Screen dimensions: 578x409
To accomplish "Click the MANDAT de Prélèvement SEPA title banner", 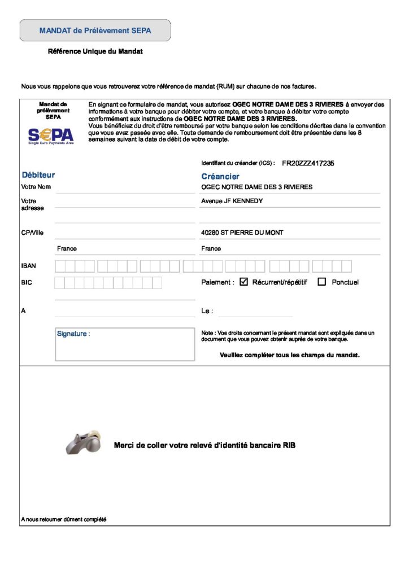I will tap(95, 30).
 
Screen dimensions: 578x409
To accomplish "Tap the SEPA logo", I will tap(51, 135).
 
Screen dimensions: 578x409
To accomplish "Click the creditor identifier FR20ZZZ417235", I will tap(308, 163).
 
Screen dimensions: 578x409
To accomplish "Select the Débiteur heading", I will tap(38, 175).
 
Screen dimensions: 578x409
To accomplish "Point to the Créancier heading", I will tap(220, 176).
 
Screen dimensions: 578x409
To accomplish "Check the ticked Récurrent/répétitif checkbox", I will tap(244, 282).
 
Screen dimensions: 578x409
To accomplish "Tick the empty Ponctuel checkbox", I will tap(322, 282).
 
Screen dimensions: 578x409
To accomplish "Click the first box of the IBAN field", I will tap(60, 266).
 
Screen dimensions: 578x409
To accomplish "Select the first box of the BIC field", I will tap(59, 283).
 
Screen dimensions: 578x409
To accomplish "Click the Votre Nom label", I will tap(36, 187).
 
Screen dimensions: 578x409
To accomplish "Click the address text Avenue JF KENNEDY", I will tap(232, 201).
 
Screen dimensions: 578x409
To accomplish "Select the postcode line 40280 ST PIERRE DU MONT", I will tap(242, 233).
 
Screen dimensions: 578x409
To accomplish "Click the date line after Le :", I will tap(255, 312).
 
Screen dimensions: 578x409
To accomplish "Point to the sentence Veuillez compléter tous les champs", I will tap(289, 355).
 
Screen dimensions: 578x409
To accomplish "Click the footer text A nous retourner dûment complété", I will tap(63, 519).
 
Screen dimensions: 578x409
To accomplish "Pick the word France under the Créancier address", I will tap(211, 248).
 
